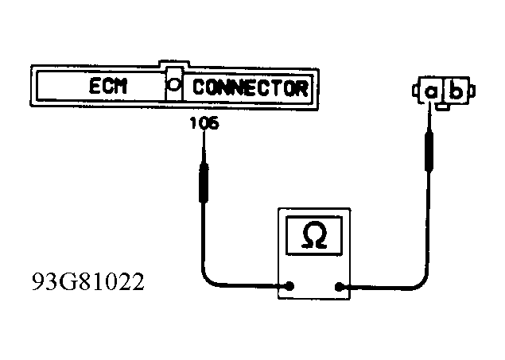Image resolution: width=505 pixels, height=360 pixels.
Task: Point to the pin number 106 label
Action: (x=204, y=124)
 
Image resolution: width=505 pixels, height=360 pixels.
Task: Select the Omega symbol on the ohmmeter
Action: (x=313, y=235)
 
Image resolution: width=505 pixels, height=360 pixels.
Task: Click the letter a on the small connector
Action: (x=430, y=91)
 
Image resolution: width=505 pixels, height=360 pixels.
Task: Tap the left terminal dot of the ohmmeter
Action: (x=292, y=286)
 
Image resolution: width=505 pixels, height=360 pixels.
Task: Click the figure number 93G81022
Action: (x=88, y=282)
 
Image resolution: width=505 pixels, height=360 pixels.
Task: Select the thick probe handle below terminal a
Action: (x=430, y=151)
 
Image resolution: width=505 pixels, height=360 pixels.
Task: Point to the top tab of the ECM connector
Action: (x=173, y=63)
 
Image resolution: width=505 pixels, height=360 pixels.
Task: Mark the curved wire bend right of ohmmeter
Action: (x=422, y=274)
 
